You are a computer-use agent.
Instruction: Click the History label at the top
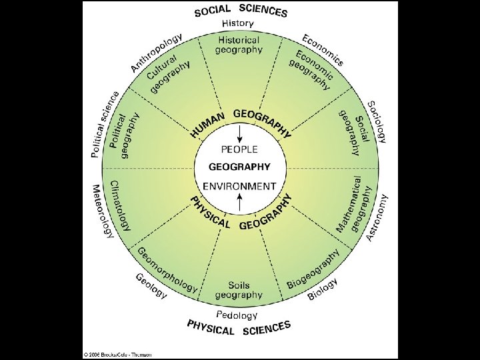coord(238,23)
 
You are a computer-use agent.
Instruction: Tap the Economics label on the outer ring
coord(323,49)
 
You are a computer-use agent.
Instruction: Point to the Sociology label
coord(377,122)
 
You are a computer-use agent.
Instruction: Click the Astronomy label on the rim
coord(377,217)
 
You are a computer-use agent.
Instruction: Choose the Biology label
coord(323,289)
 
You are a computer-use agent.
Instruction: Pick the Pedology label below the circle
coord(237,314)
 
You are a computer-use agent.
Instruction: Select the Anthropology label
coord(155,51)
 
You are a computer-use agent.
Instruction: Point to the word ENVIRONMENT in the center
coord(239,186)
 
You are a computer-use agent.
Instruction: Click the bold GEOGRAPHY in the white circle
coord(239,167)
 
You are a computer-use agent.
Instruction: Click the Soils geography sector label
coord(239,290)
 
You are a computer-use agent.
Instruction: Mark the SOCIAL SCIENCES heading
coord(241,11)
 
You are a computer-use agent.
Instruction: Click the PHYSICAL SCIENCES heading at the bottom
coord(239,327)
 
